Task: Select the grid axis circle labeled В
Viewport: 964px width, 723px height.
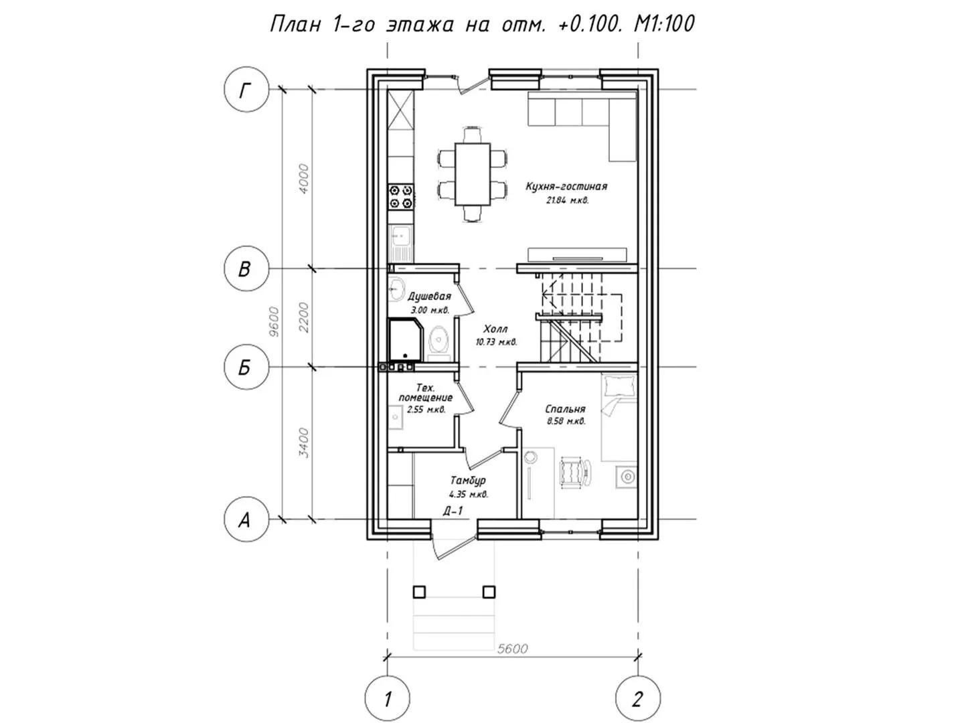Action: click(x=246, y=268)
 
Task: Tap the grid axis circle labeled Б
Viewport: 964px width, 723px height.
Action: click(x=246, y=367)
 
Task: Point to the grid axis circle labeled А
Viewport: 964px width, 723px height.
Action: click(x=246, y=519)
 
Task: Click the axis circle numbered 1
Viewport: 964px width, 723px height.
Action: click(x=388, y=698)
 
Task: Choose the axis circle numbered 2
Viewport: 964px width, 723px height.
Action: click(x=638, y=698)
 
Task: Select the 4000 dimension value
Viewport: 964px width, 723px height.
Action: click(x=303, y=179)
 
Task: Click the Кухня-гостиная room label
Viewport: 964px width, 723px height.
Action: click(x=566, y=187)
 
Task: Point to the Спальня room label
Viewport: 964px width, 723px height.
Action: click(x=565, y=409)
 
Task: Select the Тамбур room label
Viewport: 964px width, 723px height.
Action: click(x=468, y=481)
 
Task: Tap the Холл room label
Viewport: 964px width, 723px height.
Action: click(x=495, y=329)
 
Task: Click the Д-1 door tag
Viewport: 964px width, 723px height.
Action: click(x=453, y=511)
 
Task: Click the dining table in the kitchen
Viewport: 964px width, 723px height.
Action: click(x=473, y=174)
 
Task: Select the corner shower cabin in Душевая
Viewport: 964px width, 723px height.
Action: click(x=406, y=341)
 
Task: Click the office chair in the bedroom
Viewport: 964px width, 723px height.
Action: click(x=574, y=473)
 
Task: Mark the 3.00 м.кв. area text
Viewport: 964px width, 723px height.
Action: click(x=430, y=311)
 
